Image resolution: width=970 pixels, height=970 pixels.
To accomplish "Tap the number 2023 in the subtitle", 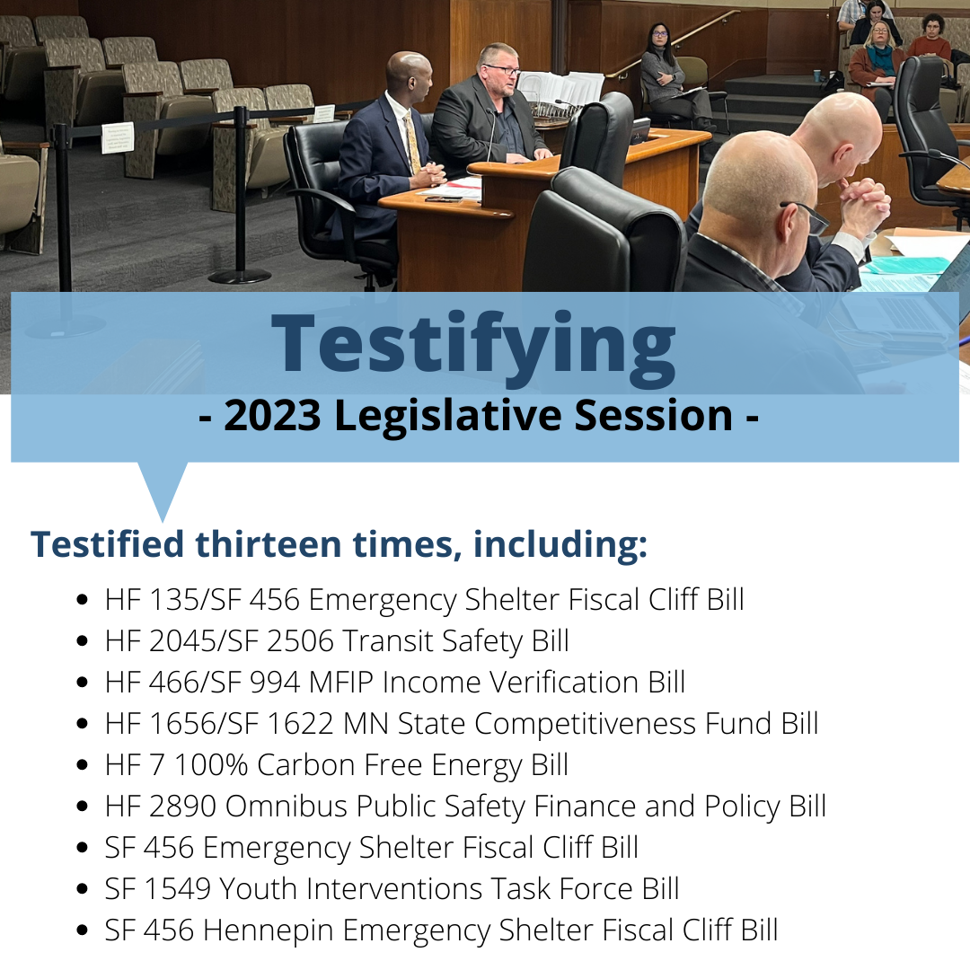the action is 272,415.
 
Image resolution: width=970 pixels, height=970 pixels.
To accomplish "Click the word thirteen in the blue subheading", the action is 268,543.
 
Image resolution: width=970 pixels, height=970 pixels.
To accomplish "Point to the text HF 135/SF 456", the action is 202,599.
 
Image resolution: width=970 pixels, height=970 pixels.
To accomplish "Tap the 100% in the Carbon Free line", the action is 211,765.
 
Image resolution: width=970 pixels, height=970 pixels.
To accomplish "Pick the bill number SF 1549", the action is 158,889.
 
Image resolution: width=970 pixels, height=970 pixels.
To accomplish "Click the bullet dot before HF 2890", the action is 83,806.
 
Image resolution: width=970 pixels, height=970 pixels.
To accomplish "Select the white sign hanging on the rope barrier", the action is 118,137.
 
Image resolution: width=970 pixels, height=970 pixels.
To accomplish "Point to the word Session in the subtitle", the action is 654,415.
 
